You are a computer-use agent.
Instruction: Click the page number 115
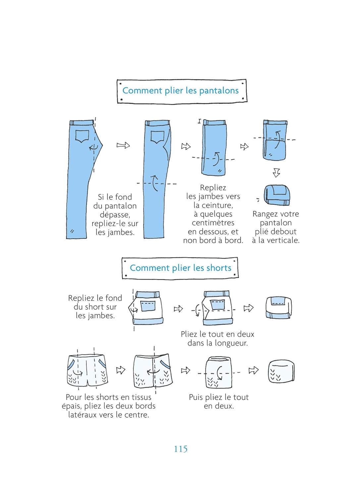tap(180, 449)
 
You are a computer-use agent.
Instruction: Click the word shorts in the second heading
tap(217, 268)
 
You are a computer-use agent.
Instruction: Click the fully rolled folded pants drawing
tap(277, 195)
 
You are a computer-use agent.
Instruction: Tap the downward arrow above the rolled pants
tap(277, 173)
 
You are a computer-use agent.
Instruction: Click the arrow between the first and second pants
tap(123, 145)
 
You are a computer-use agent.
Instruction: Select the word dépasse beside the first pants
tap(115, 215)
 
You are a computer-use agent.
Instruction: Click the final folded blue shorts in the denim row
tap(279, 308)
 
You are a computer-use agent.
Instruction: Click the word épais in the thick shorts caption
tap(72, 406)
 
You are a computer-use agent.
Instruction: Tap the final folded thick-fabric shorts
tap(281, 371)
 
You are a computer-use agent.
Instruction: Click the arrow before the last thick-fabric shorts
tap(253, 370)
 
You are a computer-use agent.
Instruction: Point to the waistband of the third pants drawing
tap(215, 123)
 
